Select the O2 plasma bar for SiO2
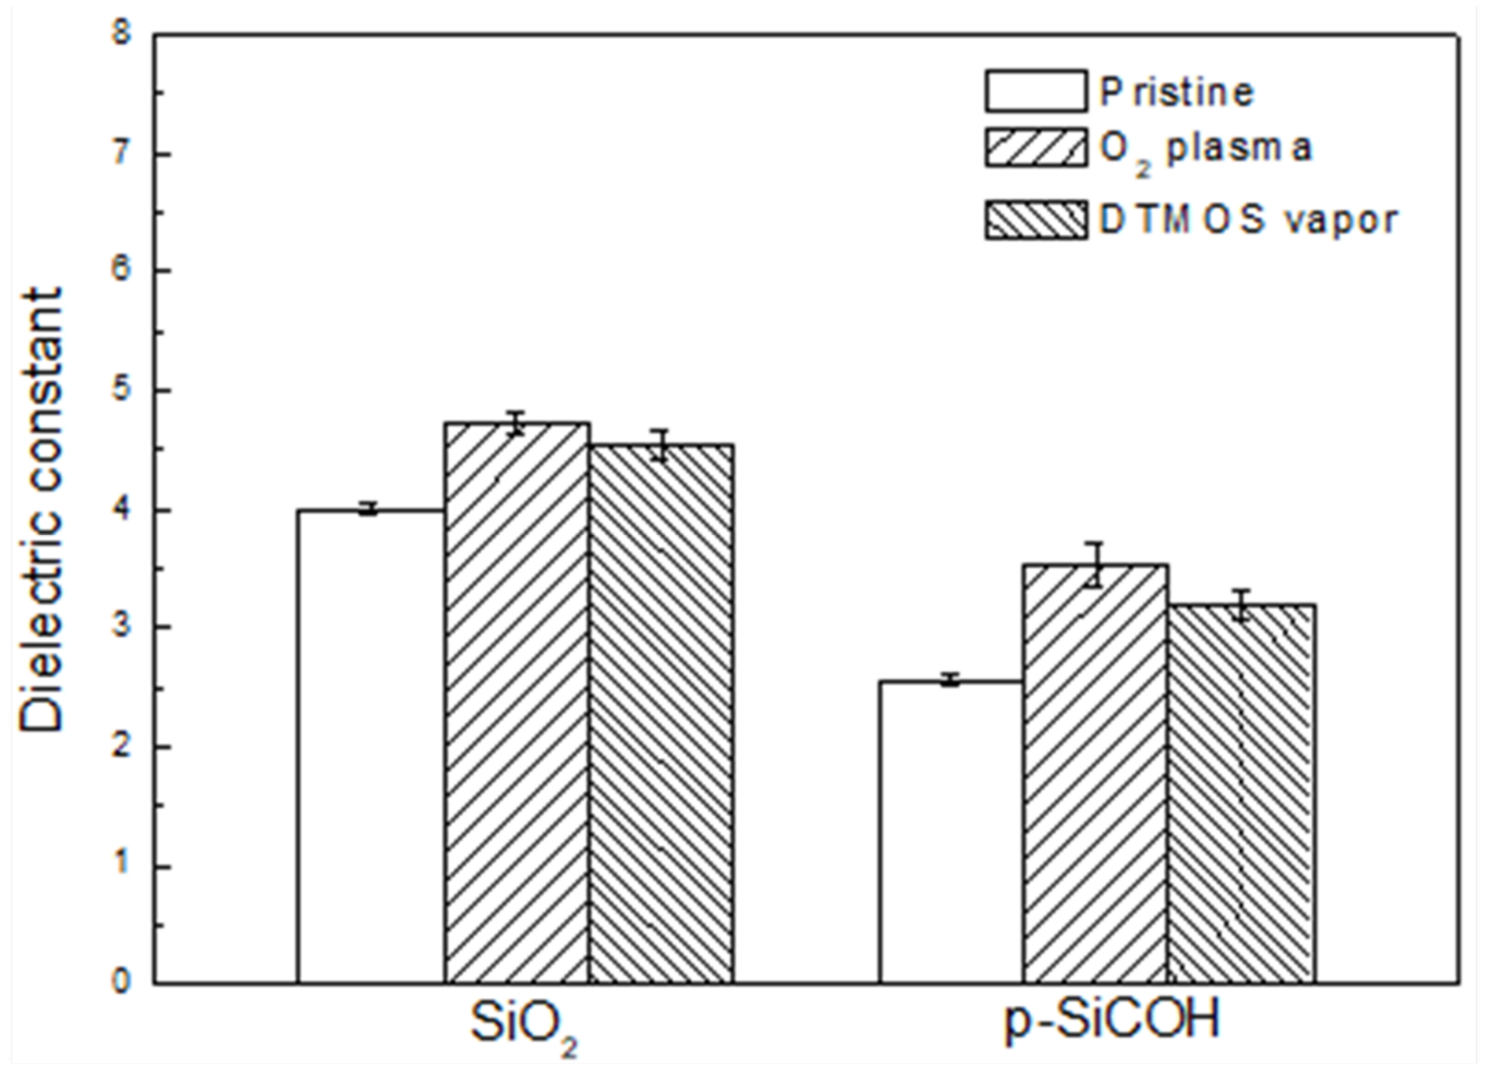(517, 703)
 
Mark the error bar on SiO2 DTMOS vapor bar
(661, 445)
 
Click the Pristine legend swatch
(1035, 91)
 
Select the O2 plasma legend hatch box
(1035, 147)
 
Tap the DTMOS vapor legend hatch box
(1035, 220)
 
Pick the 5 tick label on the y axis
(122, 390)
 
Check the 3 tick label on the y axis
(122, 627)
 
